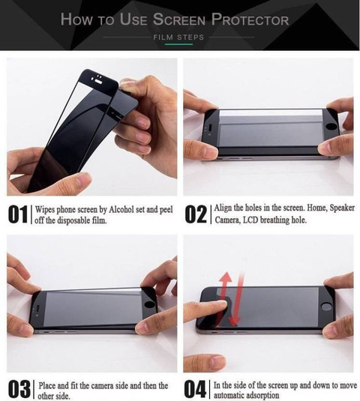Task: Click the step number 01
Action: click(17, 214)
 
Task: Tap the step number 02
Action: click(196, 214)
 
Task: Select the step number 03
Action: click(19, 390)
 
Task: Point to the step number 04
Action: click(195, 389)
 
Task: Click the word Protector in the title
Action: click(250, 19)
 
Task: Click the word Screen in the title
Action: click(179, 19)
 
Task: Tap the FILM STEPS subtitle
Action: click(178, 37)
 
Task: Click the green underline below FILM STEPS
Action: click(178, 44)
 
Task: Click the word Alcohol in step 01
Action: click(121, 209)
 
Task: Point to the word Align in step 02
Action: click(223, 208)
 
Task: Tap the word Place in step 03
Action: click(47, 385)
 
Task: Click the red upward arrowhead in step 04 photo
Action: click(226, 277)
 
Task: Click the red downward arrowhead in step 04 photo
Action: click(235, 322)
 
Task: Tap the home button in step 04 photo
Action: click(326, 307)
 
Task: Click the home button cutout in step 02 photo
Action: click(332, 127)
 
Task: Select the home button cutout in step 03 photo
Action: click(149, 305)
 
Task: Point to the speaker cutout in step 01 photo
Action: click(98, 82)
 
